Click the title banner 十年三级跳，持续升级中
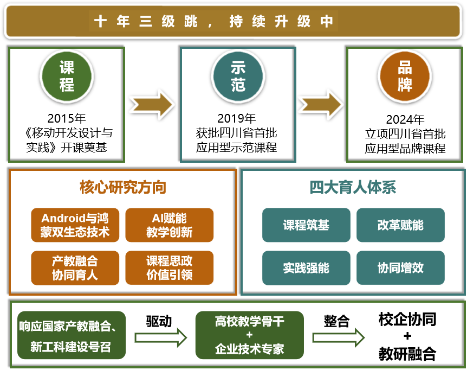tap(233, 21)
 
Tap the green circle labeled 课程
tap(67, 76)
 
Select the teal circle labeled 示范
tap(238, 76)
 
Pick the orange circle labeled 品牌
tap(405, 76)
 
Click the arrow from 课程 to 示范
tap(152, 104)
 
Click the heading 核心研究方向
tap(123, 188)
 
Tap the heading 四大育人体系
tap(353, 188)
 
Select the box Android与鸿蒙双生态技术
tap(75, 225)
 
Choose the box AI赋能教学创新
tap(170, 225)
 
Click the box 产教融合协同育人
tap(75, 267)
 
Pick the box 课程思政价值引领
tap(170, 267)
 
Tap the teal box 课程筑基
tap(306, 225)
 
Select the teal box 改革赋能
tap(400, 225)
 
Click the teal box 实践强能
tap(306, 267)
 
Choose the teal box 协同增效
tap(400, 267)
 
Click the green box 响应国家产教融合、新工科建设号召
tap(72, 335)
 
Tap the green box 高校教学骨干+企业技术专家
tap(249, 335)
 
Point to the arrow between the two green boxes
tap(160, 337)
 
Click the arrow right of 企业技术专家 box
tap(339, 337)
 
